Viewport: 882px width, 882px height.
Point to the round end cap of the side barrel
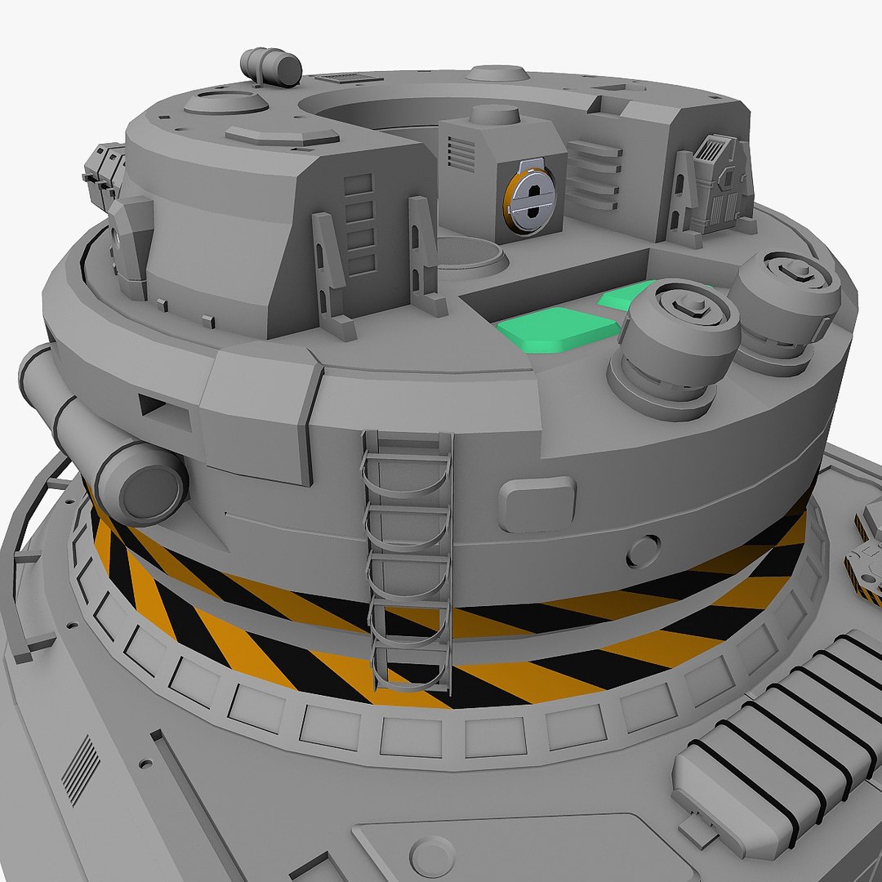pos(148,486)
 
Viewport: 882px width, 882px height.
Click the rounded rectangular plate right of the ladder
pos(537,504)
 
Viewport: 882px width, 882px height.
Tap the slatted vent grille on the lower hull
pos(81,768)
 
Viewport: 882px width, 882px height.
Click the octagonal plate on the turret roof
pos(282,136)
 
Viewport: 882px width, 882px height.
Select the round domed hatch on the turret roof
pos(225,103)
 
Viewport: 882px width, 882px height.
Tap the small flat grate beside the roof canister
pos(349,78)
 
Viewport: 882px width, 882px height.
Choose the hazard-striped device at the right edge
pos(866,555)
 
